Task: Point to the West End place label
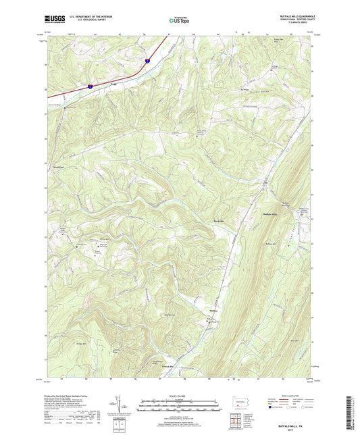57,165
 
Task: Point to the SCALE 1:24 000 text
180,396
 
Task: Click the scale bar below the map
180,406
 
